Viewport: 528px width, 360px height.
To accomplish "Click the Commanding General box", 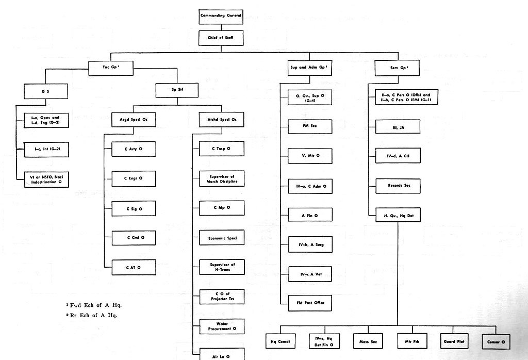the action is (221, 17).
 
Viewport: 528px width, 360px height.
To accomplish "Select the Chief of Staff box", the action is (221, 38).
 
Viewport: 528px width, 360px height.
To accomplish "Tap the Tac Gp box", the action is (111, 68).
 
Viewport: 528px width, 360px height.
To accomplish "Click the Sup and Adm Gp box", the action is (309, 68).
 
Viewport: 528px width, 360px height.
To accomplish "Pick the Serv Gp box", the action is (397, 68).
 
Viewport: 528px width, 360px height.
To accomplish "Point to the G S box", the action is (46, 91).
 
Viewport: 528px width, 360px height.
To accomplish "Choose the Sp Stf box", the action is (177, 90).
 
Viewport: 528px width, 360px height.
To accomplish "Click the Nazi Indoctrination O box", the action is (46, 179).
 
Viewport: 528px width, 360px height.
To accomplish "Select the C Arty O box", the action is (134, 149).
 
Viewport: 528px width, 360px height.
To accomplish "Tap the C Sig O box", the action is (134, 209).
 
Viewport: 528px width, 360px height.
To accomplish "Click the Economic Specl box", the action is (222, 238).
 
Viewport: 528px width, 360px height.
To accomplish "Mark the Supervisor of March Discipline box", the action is (222, 179).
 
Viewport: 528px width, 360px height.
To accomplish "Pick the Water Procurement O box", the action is (222, 326).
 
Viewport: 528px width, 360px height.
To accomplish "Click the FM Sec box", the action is (310, 126).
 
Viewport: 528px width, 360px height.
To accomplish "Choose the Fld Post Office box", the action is (310, 303).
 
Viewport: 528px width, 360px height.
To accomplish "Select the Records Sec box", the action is (398, 186).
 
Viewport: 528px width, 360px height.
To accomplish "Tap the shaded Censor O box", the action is (496, 342).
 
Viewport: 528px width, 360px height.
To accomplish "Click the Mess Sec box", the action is (368, 341).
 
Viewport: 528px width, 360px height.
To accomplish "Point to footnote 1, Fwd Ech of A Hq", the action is (94, 305).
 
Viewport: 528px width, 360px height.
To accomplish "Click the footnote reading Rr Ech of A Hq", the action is (92, 315).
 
